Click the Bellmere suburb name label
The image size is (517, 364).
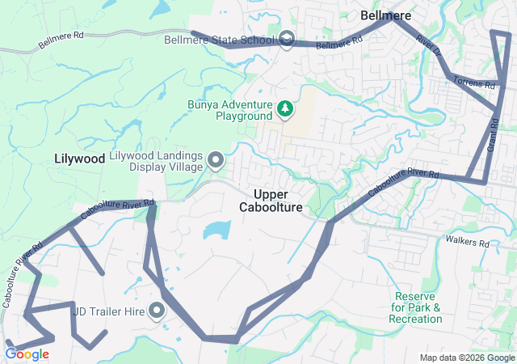(385, 15)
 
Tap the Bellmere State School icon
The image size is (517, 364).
(287, 39)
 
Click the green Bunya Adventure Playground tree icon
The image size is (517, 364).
(284, 108)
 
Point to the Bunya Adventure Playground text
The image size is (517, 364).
(229, 110)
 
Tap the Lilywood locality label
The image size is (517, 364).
(80, 159)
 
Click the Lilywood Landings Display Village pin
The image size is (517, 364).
(216, 161)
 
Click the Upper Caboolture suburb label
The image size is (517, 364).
(271, 201)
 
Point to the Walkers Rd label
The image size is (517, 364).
(471, 243)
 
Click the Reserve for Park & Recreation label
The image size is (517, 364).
(416, 307)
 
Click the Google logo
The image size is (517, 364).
(27, 353)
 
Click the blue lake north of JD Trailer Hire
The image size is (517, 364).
(216, 231)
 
